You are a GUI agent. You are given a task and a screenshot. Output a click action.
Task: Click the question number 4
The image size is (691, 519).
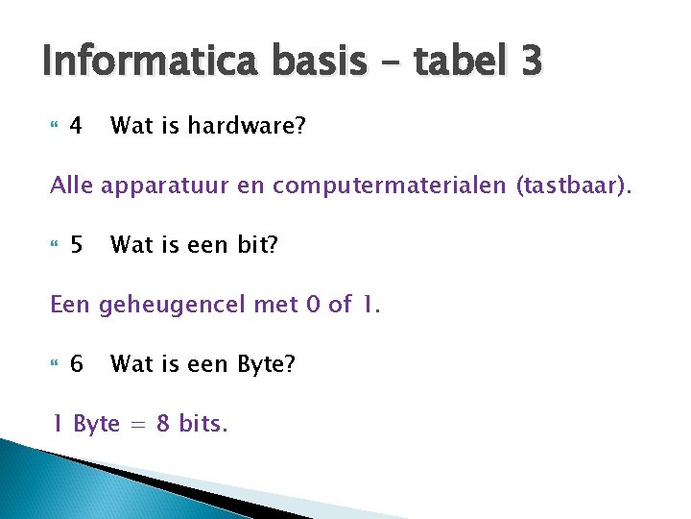click(77, 126)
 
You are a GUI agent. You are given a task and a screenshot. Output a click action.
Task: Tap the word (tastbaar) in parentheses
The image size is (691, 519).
click(574, 185)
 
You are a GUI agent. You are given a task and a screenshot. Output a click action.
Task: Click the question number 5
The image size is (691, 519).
click(77, 245)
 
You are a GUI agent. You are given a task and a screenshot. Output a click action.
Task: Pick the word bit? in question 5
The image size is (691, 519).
click(257, 245)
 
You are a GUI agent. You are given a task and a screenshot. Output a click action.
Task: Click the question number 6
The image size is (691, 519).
click(77, 364)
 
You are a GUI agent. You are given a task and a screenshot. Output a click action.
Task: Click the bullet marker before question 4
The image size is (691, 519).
click(54, 126)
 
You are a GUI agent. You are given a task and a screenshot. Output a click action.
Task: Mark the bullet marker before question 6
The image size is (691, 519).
click(54, 364)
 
